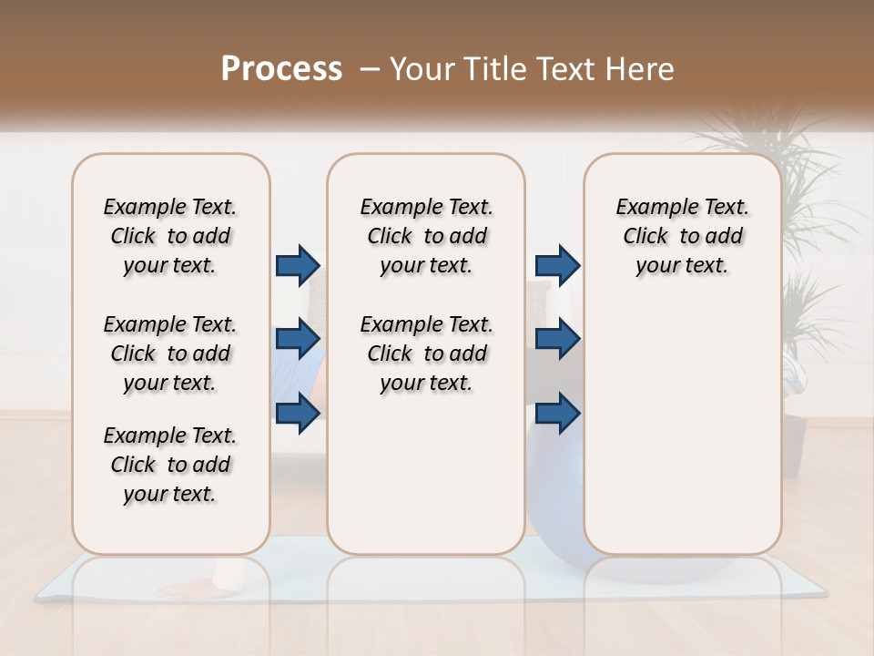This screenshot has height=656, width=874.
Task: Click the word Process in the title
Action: tap(281, 69)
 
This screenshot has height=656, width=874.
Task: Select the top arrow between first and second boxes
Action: tap(298, 265)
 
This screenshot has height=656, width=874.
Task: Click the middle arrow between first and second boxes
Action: tap(298, 339)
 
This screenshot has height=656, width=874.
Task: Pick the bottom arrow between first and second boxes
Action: tap(298, 413)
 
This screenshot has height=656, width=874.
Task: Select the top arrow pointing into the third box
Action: tap(557, 265)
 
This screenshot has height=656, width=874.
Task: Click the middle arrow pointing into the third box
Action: tap(557, 339)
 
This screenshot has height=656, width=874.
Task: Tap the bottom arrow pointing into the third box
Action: tap(557, 413)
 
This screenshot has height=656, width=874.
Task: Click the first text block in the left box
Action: tap(170, 236)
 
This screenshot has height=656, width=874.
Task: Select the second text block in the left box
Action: tap(170, 354)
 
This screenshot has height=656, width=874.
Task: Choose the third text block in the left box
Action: tap(170, 465)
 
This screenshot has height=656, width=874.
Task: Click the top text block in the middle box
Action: tap(426, 236)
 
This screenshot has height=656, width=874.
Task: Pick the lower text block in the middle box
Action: tap(426, 354)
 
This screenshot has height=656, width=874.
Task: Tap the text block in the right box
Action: tap(682, 236)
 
